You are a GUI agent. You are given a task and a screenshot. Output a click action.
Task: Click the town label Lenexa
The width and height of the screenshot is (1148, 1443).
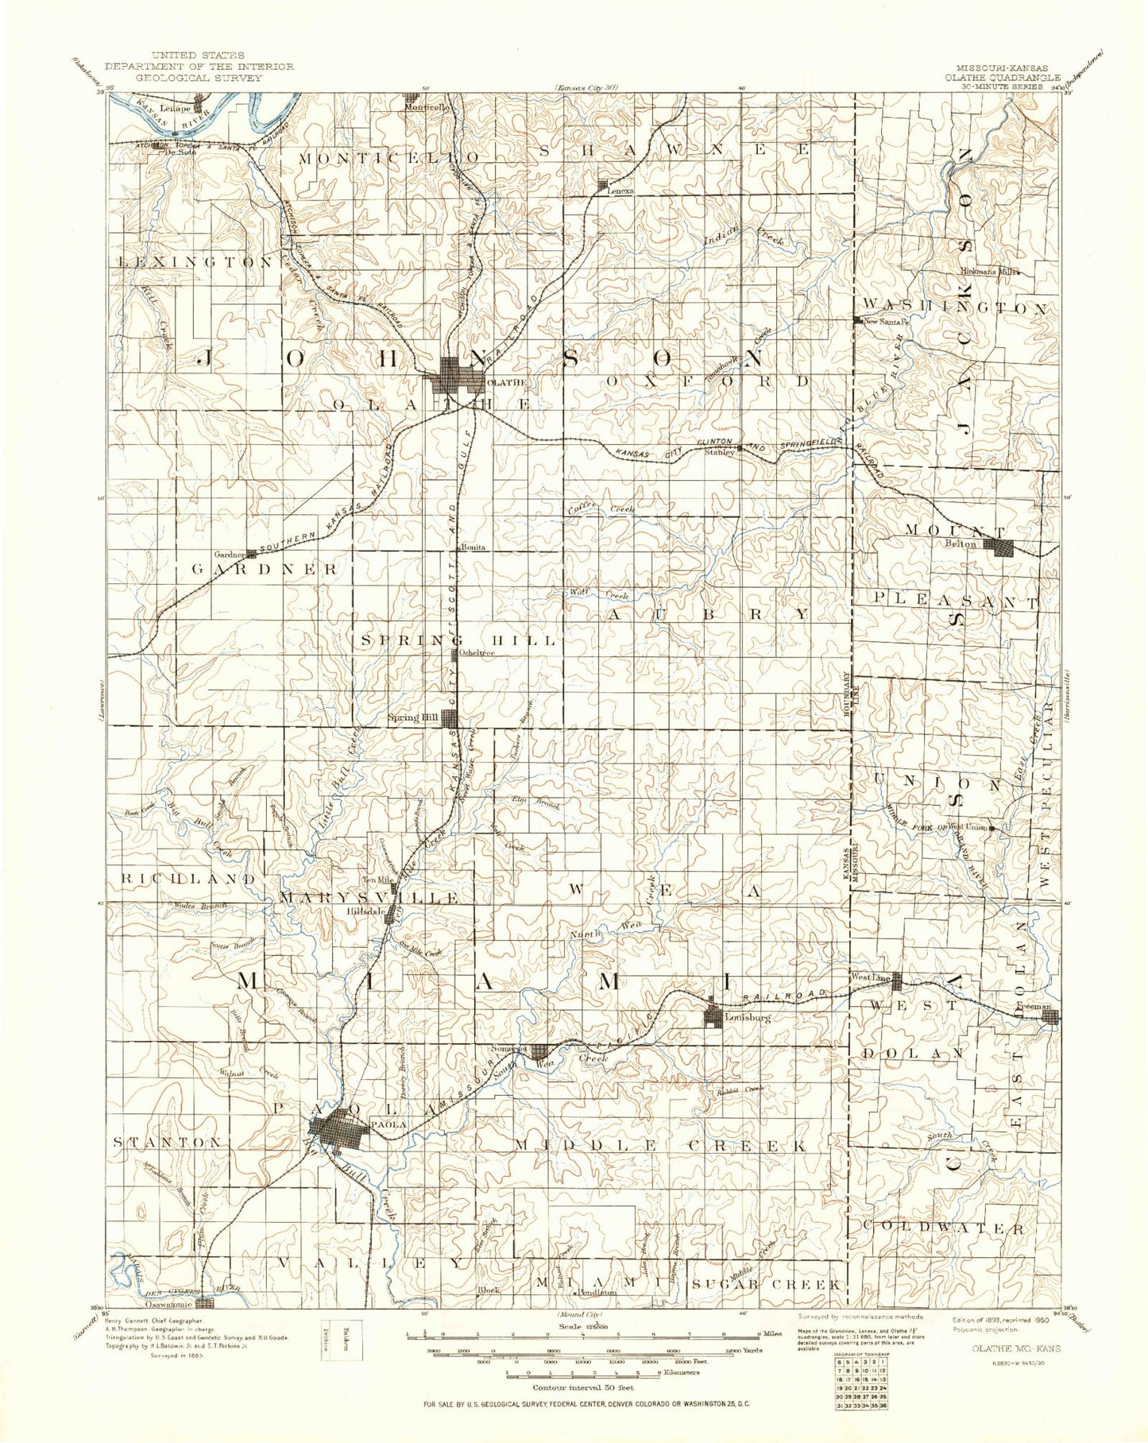(x=620, y=191)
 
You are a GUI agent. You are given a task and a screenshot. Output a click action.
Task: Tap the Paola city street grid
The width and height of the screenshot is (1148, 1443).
(x=339, y=1131)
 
